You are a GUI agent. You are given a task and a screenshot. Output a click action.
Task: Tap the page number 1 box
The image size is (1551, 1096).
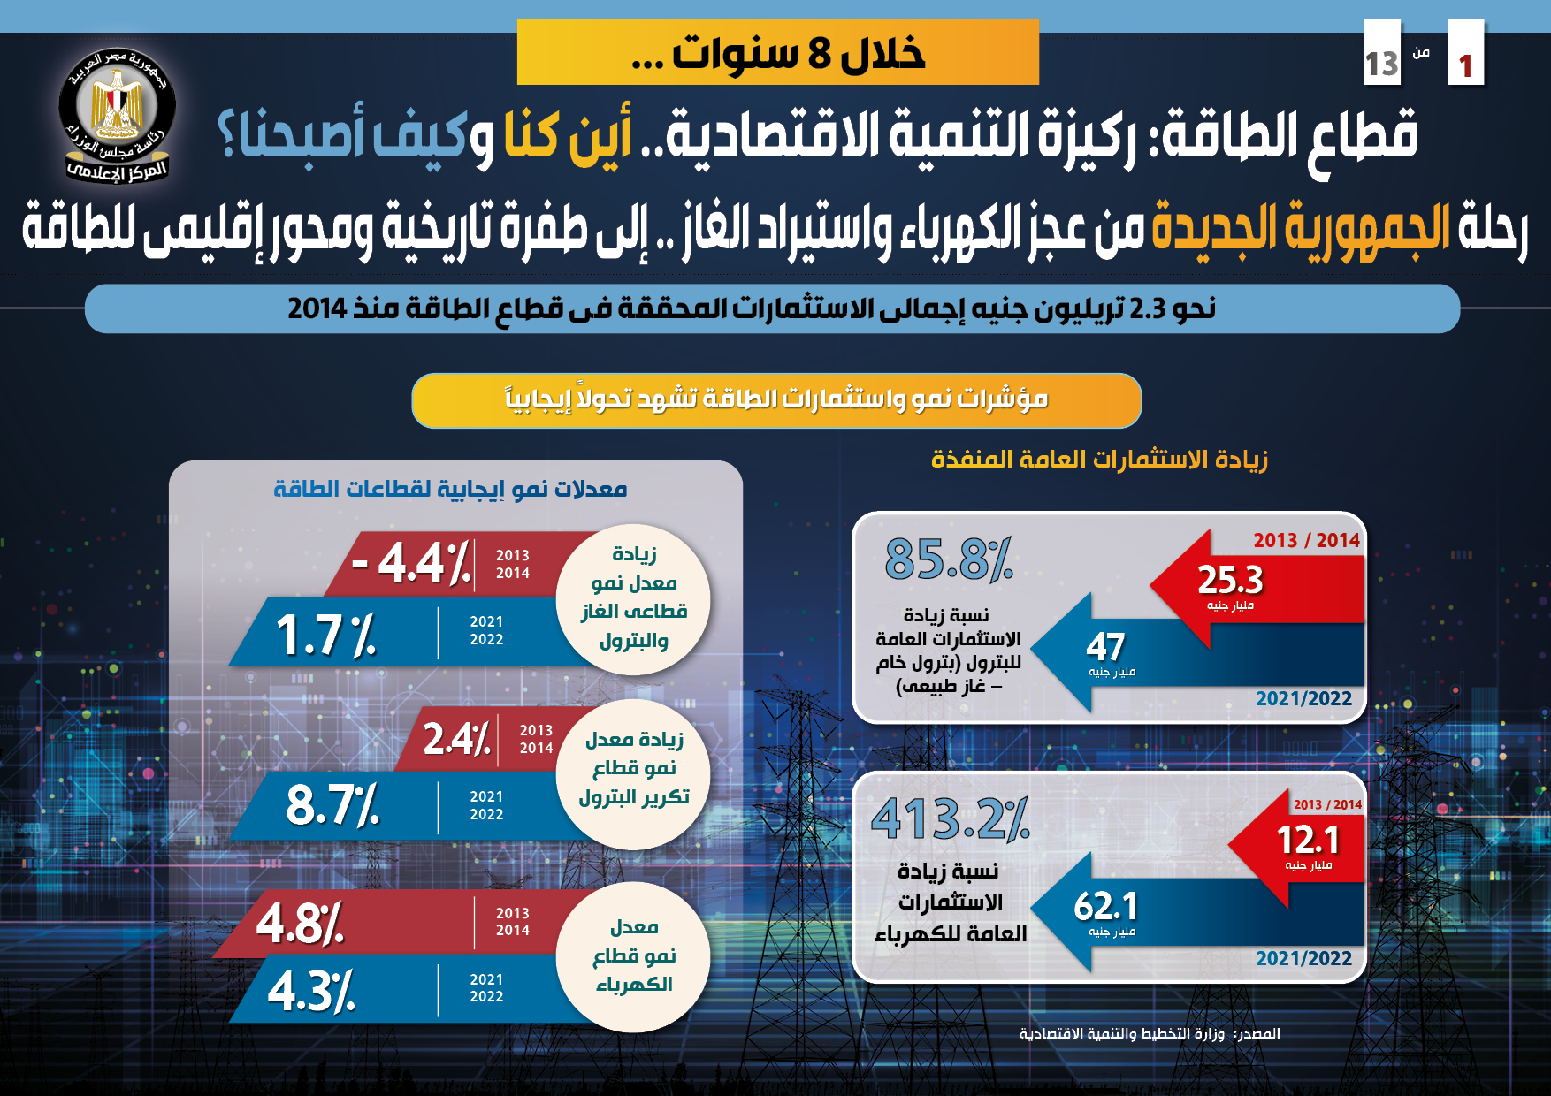coord(1465,55)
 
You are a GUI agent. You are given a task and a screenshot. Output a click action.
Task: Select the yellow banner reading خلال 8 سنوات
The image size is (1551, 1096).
coord(777,53)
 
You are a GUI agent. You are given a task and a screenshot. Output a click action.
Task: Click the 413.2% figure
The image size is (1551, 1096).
coord(950,818)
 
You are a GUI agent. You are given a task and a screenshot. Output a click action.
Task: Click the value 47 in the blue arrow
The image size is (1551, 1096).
coord(1105,647)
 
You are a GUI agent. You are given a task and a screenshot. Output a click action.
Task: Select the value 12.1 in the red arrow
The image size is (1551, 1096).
coord(1308,840)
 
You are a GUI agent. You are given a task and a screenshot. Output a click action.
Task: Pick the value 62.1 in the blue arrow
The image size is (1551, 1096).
coord(1105,907)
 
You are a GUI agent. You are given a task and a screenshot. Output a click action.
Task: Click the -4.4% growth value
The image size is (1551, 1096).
coord(411,563)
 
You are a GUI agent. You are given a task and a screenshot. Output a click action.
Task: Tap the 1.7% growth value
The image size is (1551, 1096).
coord(325,635)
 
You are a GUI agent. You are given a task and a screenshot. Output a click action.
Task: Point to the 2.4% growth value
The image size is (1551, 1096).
coord(456,739)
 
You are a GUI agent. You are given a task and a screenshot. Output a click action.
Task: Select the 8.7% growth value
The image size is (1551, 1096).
coord(332,804)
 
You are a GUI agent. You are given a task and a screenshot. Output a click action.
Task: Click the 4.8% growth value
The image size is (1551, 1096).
coord(300,924)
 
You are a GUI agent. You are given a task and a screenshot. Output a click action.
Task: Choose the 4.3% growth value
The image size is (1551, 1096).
coord(311,991)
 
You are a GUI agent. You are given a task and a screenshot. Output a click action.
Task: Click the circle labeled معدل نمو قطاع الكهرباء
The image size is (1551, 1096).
coord(633,956)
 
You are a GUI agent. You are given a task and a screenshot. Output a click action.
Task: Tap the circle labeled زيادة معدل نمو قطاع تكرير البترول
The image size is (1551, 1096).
coord(633,769)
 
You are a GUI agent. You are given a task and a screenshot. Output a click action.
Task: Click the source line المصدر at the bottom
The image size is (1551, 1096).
coord(1150,1033)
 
